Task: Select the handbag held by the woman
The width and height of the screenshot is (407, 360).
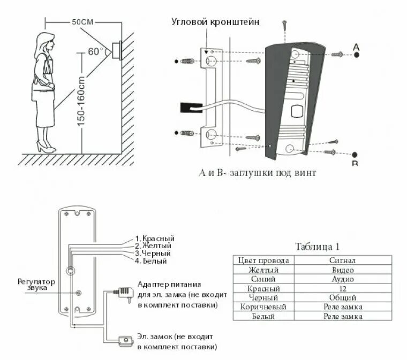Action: [40, 91]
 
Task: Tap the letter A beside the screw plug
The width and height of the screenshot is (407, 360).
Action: [356, 48]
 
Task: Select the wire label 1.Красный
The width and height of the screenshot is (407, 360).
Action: [154, 238]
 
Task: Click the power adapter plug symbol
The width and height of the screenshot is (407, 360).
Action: [124, 292]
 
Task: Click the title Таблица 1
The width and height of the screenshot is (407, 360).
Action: [317, 247]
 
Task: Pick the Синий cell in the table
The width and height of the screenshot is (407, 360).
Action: [263, 279]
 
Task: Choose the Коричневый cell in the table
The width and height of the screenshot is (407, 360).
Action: [263, 307]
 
